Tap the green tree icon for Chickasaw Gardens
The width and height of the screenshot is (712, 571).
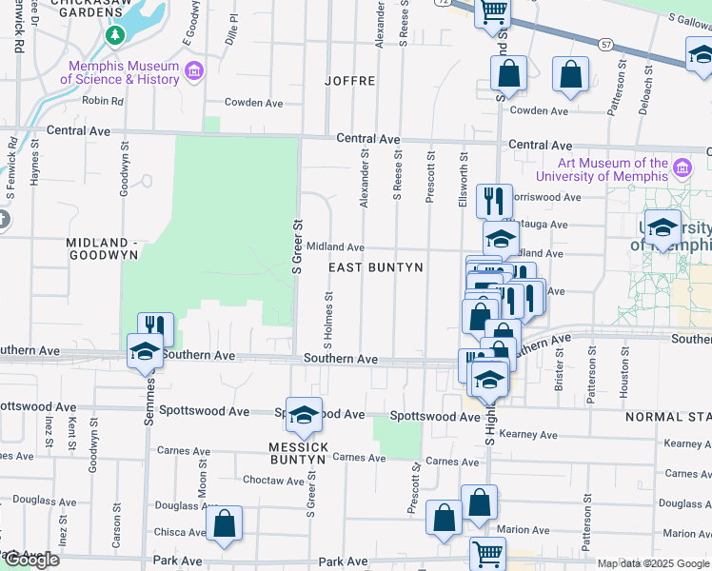coord(115,35)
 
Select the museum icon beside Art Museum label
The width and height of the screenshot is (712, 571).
coord(682,168)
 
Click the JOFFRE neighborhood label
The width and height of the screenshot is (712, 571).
coord(351,81)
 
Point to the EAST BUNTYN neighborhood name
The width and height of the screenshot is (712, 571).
coord(375,268)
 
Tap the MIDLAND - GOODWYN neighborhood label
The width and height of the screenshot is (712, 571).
coord(103,248)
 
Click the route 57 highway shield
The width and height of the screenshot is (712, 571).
coord(605,44)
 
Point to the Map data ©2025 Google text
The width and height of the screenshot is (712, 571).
coord(653,563)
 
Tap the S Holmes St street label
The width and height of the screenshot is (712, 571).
coord(328,318)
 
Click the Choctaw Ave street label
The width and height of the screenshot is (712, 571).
coord(272,481)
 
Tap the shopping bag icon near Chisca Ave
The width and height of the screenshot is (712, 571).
coord(224,523)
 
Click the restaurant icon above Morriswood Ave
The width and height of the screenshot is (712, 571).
coord(494,201)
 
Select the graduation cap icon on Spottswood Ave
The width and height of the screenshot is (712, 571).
coord(304,414)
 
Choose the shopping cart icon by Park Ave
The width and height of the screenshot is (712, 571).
coord(487,552)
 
